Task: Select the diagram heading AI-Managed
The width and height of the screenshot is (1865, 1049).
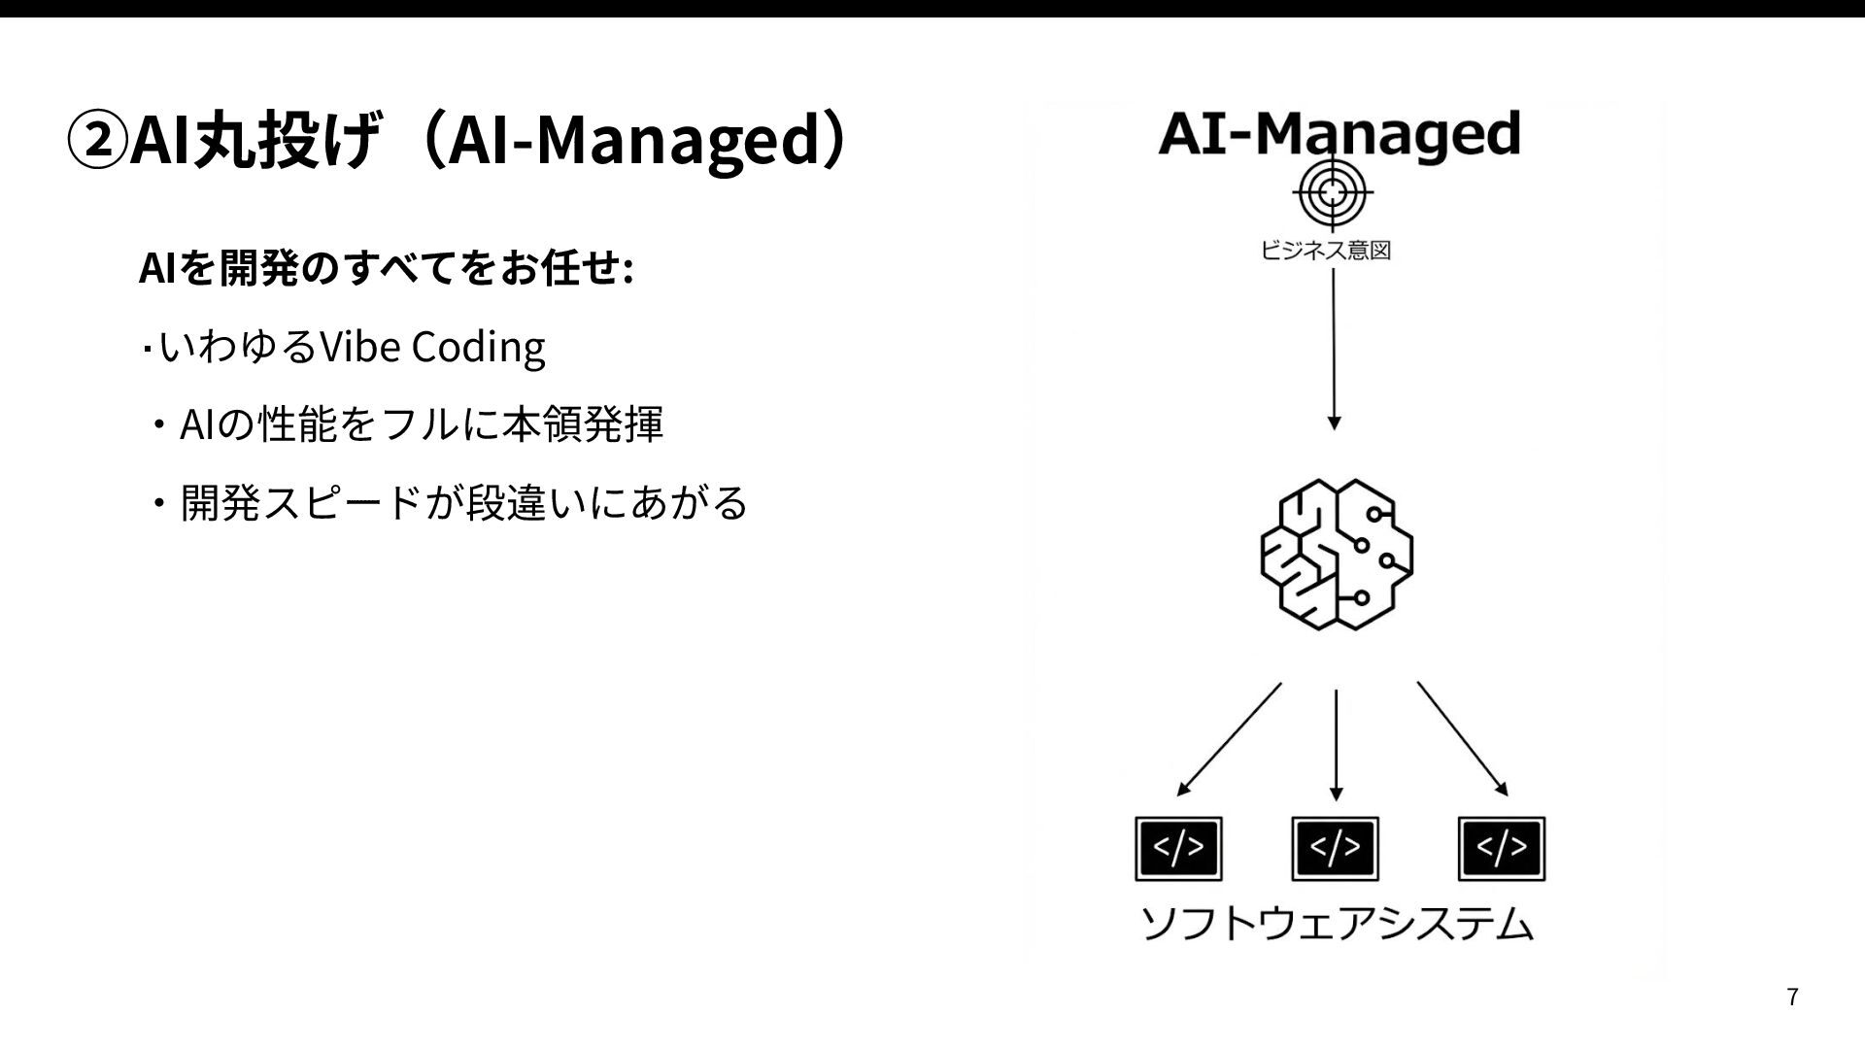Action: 1339,134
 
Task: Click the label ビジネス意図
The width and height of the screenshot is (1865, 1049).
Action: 1325,251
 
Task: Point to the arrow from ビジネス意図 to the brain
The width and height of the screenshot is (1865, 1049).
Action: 1334,350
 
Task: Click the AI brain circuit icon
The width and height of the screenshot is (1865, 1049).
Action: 1336,554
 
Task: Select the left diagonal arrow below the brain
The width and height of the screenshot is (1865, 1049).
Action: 1229,739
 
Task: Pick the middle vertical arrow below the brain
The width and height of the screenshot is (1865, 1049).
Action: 1337,744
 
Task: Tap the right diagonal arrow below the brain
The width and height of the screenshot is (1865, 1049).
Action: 1462,739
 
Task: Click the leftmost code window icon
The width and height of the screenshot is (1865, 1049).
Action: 1178,849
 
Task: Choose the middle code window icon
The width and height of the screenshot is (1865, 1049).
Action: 1335,849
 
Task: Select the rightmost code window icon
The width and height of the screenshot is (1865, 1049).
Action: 1502,849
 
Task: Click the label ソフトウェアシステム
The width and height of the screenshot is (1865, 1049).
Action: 1337,924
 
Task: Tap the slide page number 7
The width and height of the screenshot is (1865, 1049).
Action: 1793,998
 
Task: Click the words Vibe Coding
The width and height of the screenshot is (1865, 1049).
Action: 432,347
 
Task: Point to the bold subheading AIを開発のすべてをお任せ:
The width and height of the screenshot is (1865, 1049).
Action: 387,269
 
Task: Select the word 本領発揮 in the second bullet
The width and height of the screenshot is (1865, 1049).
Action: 582,424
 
